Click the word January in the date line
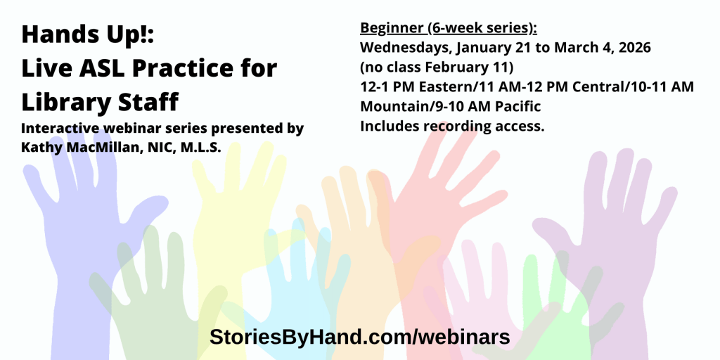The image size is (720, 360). pyautogui.click(x=490, y=49)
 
